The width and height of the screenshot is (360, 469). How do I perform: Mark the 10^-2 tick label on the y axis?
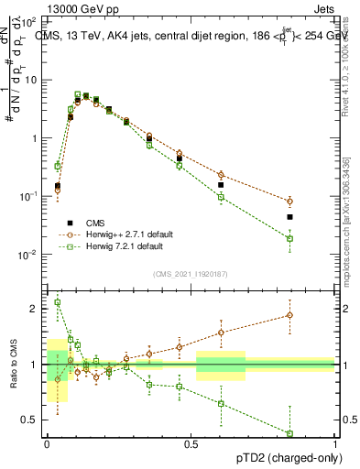(x=29, y=255)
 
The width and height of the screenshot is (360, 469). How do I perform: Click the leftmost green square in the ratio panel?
(x=58, y=302)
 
